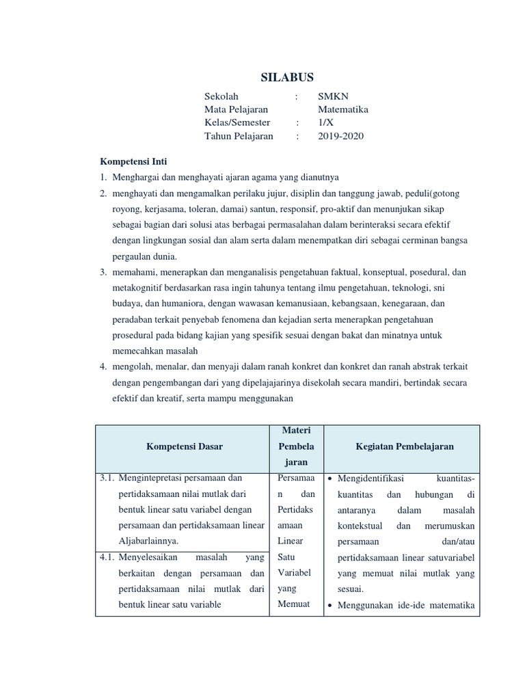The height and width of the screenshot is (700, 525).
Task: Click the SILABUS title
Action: pos(287,77)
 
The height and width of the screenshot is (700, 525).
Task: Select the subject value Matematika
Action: pos(343,109)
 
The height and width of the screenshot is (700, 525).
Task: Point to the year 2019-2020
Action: pos(341,135)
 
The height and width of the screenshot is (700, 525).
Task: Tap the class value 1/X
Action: pos(326,122)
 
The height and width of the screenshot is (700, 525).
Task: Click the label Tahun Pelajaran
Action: pos(239,135)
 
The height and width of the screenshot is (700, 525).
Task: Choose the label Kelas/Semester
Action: pos(237,122)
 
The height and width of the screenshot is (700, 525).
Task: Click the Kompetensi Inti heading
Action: pos(134,161)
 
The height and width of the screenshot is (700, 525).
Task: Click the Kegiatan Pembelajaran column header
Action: pos(405,446)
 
